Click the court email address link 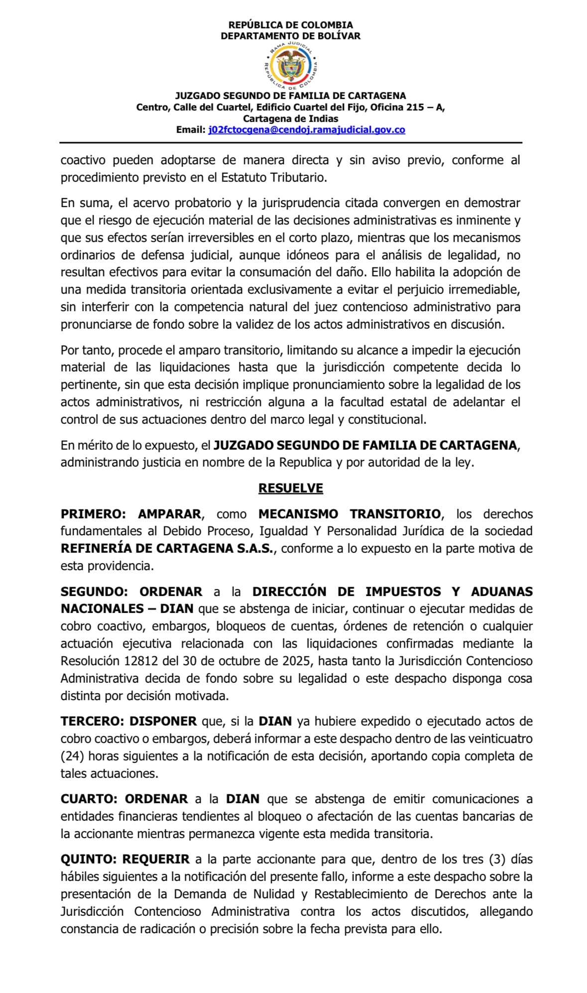click(307, 130)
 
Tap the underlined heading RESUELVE click(291, 488)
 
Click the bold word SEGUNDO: click(94, 592)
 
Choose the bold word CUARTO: click(89, 799)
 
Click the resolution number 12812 click(134, 661)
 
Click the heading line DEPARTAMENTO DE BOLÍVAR click(291, 36)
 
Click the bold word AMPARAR click(169, 514)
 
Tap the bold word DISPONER click(163, 721)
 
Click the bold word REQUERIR click(156, 859)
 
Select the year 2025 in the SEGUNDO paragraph click(298, 661)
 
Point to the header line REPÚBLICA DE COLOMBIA click(291, 25)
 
